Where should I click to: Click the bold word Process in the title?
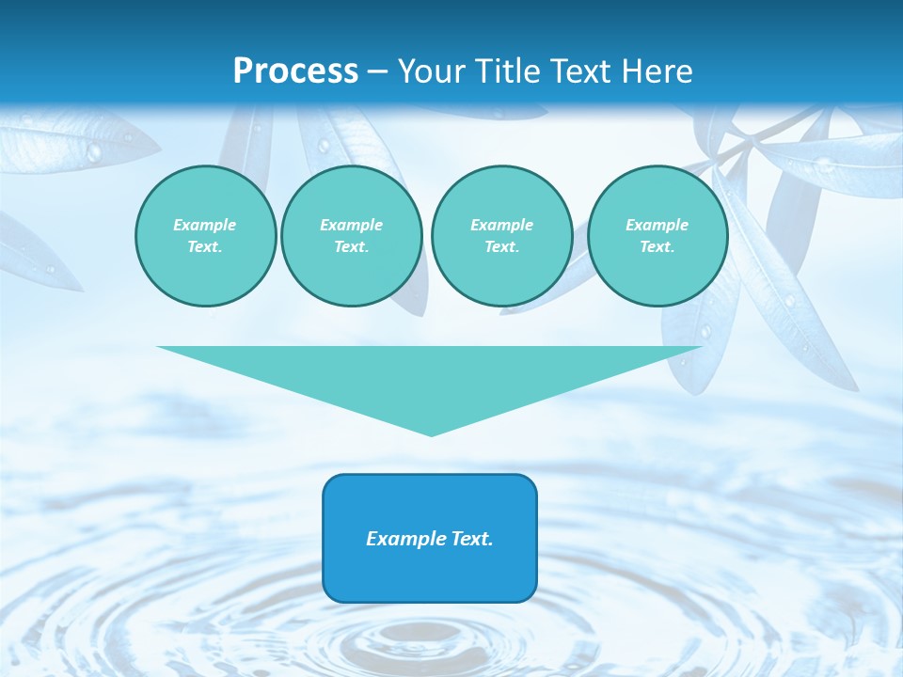295,71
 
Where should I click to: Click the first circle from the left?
205,236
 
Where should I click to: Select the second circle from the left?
351,236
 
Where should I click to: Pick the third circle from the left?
501,236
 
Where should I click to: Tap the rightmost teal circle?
657,236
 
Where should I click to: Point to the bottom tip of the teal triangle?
431,434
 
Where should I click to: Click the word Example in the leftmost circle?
205,225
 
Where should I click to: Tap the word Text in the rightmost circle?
657,246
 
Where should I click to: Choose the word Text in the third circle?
501,246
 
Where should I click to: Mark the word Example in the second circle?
351,225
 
